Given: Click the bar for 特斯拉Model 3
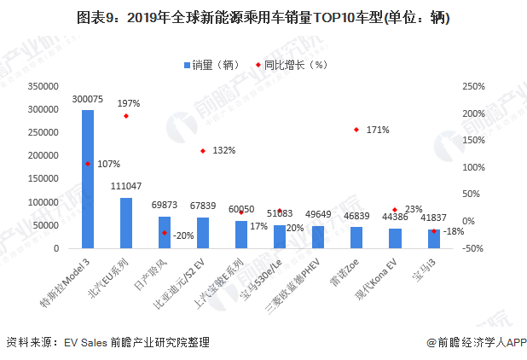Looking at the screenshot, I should click(88, 179).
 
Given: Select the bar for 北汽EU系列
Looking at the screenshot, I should click(126, 223).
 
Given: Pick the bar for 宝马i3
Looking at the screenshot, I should click(433, 239).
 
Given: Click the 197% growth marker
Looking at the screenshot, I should click(126, 116).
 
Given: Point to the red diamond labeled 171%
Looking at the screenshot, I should click(356, 130).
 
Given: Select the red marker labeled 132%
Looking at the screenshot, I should click(203, 151).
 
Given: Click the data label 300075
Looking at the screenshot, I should click(88, 100).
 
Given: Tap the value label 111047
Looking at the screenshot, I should click(126, 186).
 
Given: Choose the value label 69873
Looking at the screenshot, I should click(165, 206).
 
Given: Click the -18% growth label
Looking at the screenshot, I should click(453, 231).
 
